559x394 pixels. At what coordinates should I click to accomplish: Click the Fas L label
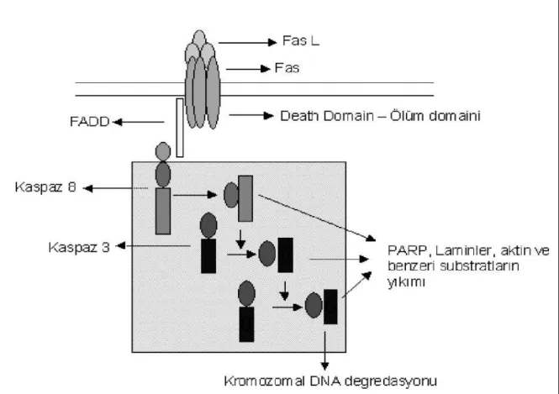tap(301, 40)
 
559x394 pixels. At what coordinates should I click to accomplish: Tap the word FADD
tap(90, 122)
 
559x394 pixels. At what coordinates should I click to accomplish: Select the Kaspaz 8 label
tap(45, 187)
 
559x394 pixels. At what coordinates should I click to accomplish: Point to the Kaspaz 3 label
tap(79, 247)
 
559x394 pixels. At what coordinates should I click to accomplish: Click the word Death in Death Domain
tap(300, 116)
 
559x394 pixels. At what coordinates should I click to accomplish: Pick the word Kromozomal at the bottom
tap(265, 381)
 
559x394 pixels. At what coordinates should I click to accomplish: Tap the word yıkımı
tap(406, 281)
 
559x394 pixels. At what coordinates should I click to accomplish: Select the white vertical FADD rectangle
tap(180, 128)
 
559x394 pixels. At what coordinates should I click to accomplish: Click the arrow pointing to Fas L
tap(247, 43)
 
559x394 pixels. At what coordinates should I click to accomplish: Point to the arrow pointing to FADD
tap(139, 122)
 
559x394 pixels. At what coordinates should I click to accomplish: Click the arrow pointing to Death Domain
tap(251, 115)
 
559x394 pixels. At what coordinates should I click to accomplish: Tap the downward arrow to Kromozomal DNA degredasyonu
tap(324, 351)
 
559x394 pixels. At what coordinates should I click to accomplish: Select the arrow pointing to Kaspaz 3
tap(153, 246)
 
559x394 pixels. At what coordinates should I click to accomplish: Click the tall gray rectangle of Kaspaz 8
tap(163, 211)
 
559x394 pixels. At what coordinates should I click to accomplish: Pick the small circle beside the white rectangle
tap(163, 151)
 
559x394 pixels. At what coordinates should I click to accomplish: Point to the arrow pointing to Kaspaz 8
tap(115, 188)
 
